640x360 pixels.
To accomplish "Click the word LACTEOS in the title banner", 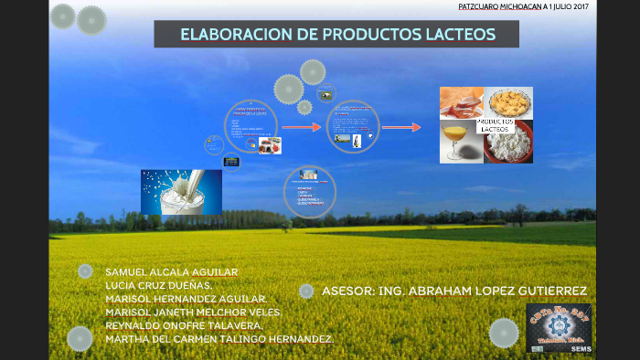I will (x=456, y=35).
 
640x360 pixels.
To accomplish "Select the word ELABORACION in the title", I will (x=229, y=35).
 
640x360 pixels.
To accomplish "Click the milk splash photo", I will (x=181, y=192).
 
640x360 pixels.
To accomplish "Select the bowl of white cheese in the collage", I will (x=508, y=143).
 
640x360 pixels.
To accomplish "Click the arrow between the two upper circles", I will (x=301, y=127).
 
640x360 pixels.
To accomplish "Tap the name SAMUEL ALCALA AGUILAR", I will (x=172, y=272).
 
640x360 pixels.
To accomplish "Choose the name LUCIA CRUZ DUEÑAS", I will (x=159, y=285).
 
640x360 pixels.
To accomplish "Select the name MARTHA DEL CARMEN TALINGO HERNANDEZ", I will (x=219, y=338).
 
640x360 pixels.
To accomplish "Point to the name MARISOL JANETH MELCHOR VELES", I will (x=193, y=312).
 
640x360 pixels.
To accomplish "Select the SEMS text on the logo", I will (x=580, y=348).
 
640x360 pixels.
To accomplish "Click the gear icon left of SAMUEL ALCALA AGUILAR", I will (x=85, y=271).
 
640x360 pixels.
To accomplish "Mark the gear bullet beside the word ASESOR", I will (x=307, y=291).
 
